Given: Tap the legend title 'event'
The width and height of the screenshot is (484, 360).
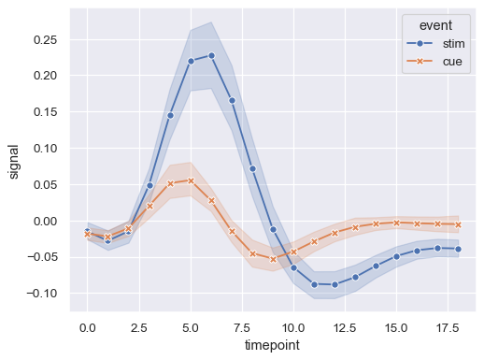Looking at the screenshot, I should [437, 24].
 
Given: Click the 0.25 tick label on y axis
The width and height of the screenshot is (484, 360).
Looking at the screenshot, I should [46, 40].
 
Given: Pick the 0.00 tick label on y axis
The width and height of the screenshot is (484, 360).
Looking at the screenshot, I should [46, 221].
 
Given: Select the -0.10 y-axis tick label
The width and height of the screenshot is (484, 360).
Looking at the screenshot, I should [43, 294].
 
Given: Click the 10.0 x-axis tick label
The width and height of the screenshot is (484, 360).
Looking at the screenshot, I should [293, 328].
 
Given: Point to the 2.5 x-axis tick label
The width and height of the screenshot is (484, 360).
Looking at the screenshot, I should [139, 328].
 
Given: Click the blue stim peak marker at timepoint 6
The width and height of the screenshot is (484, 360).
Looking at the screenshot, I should [211, 55].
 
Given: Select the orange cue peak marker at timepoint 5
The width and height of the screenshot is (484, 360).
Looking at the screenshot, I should [191, 180].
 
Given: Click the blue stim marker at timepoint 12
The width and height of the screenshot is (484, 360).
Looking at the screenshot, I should [335, 284].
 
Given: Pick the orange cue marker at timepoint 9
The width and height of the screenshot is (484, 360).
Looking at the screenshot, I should [273, 259].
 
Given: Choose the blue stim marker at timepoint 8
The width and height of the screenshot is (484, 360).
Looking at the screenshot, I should [252, 168].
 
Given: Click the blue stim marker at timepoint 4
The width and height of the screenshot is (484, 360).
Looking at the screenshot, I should [170, 115].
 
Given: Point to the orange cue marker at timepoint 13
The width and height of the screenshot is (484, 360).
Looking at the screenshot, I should [355, 227].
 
